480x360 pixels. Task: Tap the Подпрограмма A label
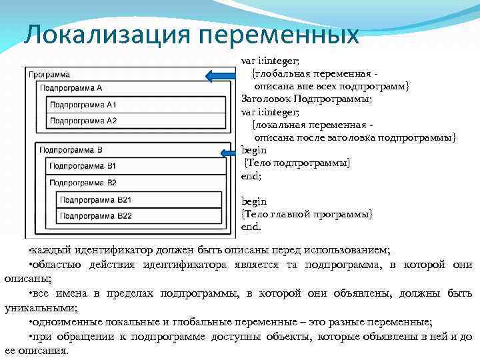pos(71,87)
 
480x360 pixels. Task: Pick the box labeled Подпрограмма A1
pos(131,105)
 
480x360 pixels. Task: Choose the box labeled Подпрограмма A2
pos(131,121)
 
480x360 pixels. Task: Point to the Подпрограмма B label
pos(71,150)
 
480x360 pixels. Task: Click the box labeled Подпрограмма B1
pos(131,165)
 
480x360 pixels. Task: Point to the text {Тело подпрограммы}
pos(297,163)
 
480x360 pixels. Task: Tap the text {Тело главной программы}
pos(307,213)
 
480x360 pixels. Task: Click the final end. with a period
pos(251,227)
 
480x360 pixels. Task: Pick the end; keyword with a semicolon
pos(251,176)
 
